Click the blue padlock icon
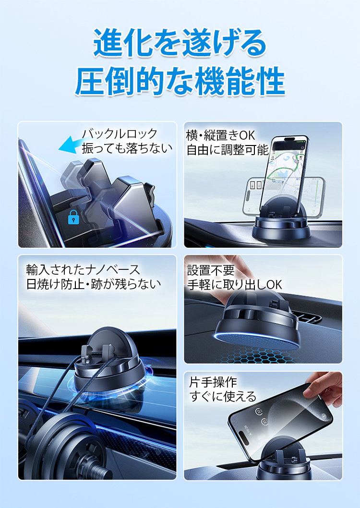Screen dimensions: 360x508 click(73, 218)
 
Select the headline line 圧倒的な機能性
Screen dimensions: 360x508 click(180, 82)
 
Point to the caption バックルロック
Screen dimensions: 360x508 click(120, 133)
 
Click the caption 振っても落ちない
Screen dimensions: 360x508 click(127, 148)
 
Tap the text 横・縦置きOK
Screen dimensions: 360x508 click(220, 135)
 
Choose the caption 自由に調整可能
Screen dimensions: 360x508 click(227, 150)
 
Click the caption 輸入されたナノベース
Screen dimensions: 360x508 click(83, 269)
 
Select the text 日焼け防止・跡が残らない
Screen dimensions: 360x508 click(94, 284)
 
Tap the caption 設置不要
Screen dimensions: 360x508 click(211, 270)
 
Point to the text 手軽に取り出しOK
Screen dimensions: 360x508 click(234, 284)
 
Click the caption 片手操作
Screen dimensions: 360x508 click(213, 382)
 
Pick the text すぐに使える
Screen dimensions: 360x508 click(223, 397)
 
